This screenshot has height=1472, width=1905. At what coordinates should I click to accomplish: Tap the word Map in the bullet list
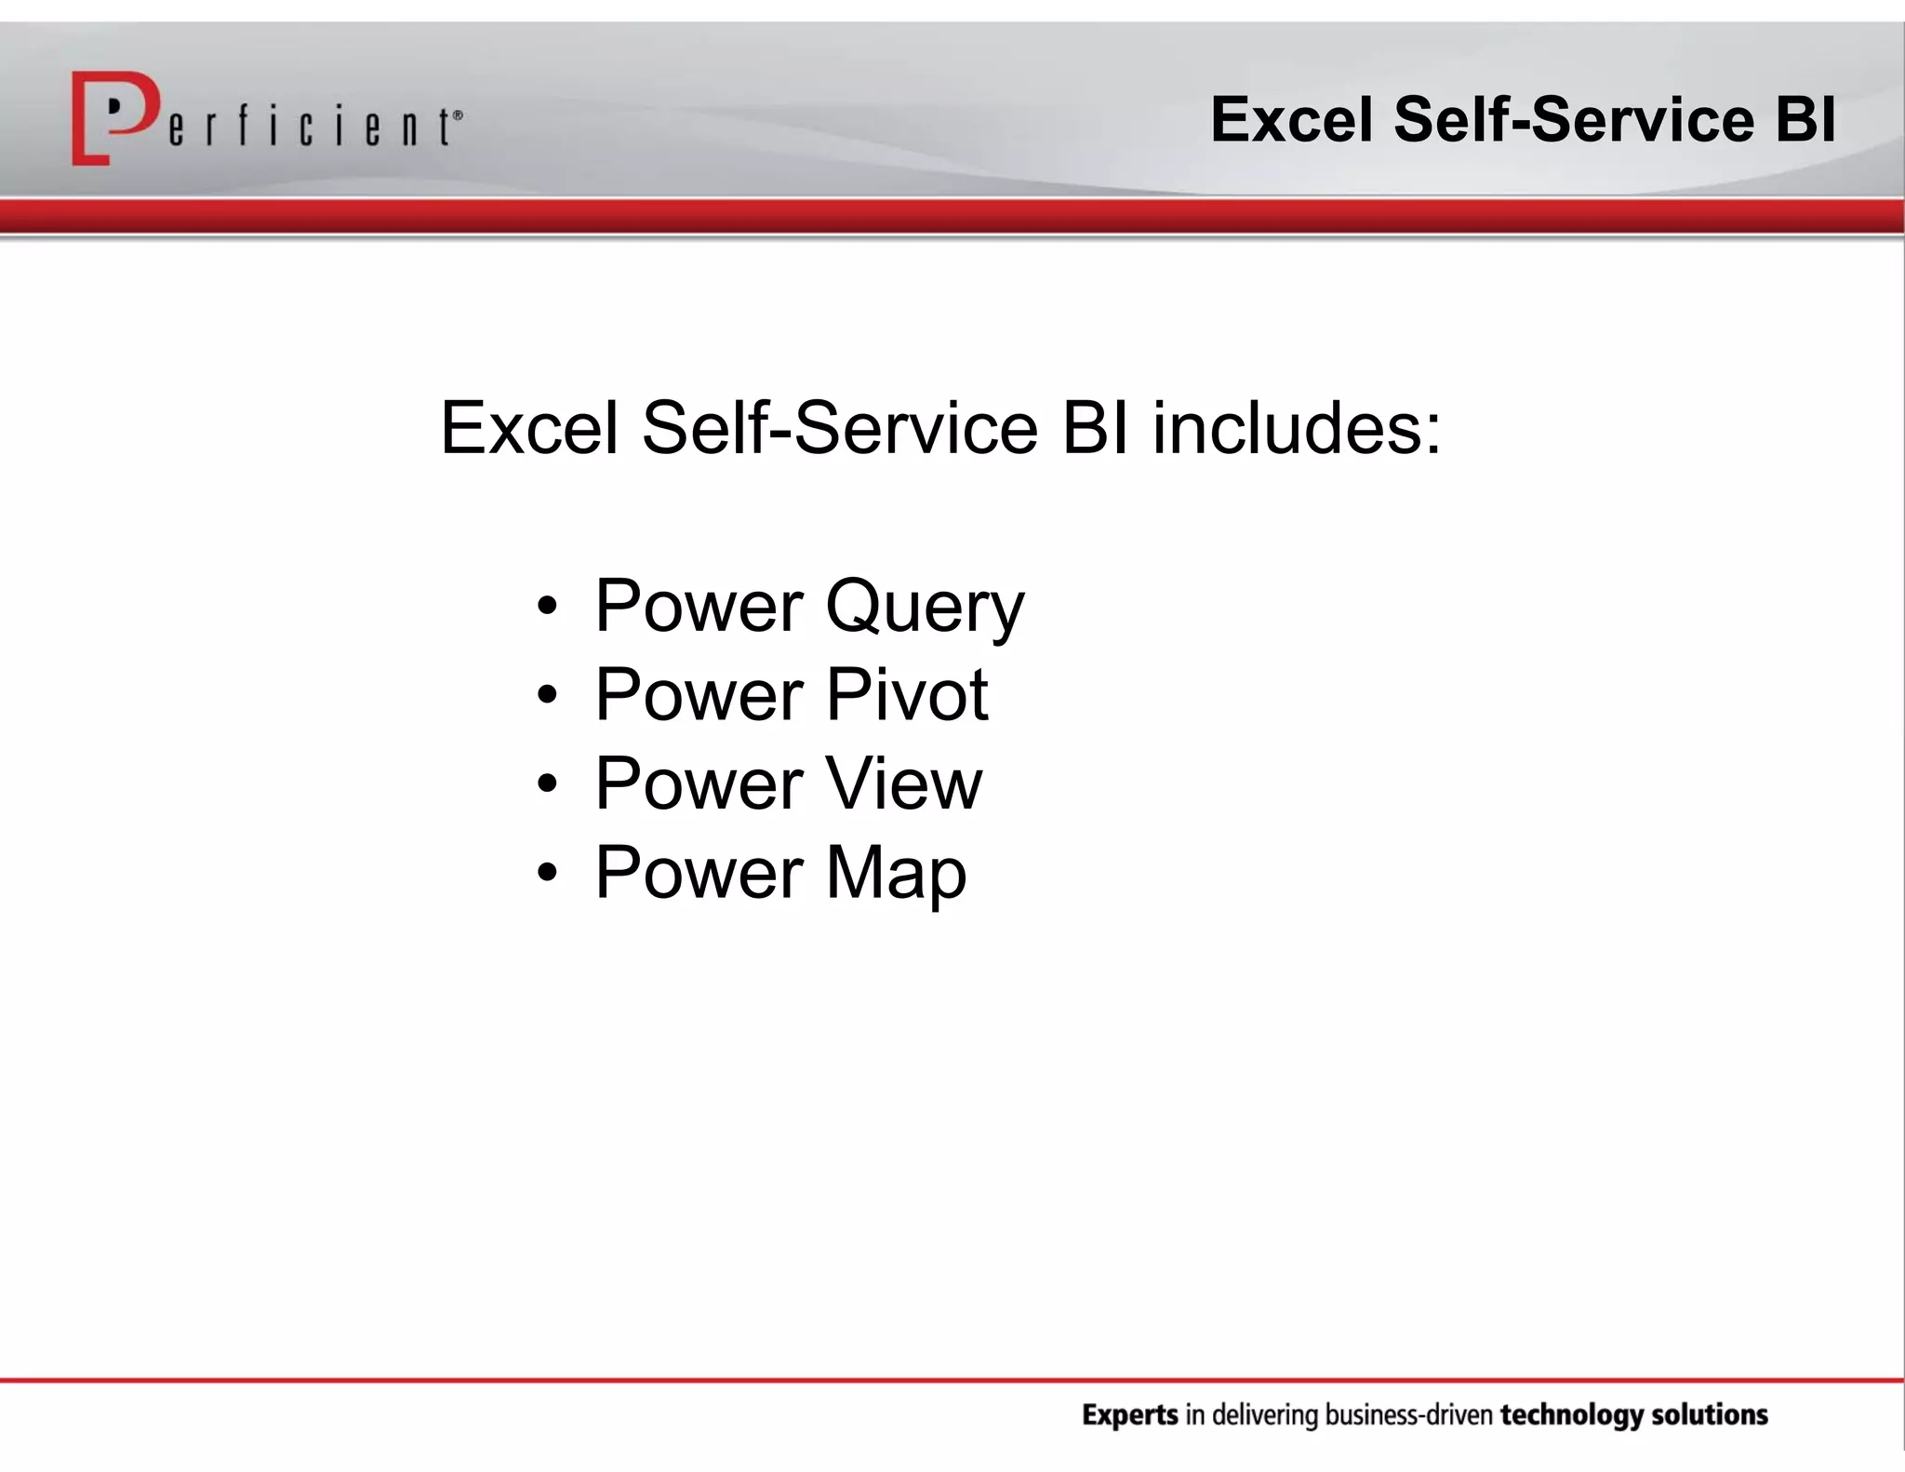point(896,873)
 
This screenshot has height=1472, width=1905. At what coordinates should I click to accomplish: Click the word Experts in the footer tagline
point(1129,1416)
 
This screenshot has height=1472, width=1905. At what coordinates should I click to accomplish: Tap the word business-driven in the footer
point(1408,1416)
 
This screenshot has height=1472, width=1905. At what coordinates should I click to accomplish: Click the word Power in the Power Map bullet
point(699,873)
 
